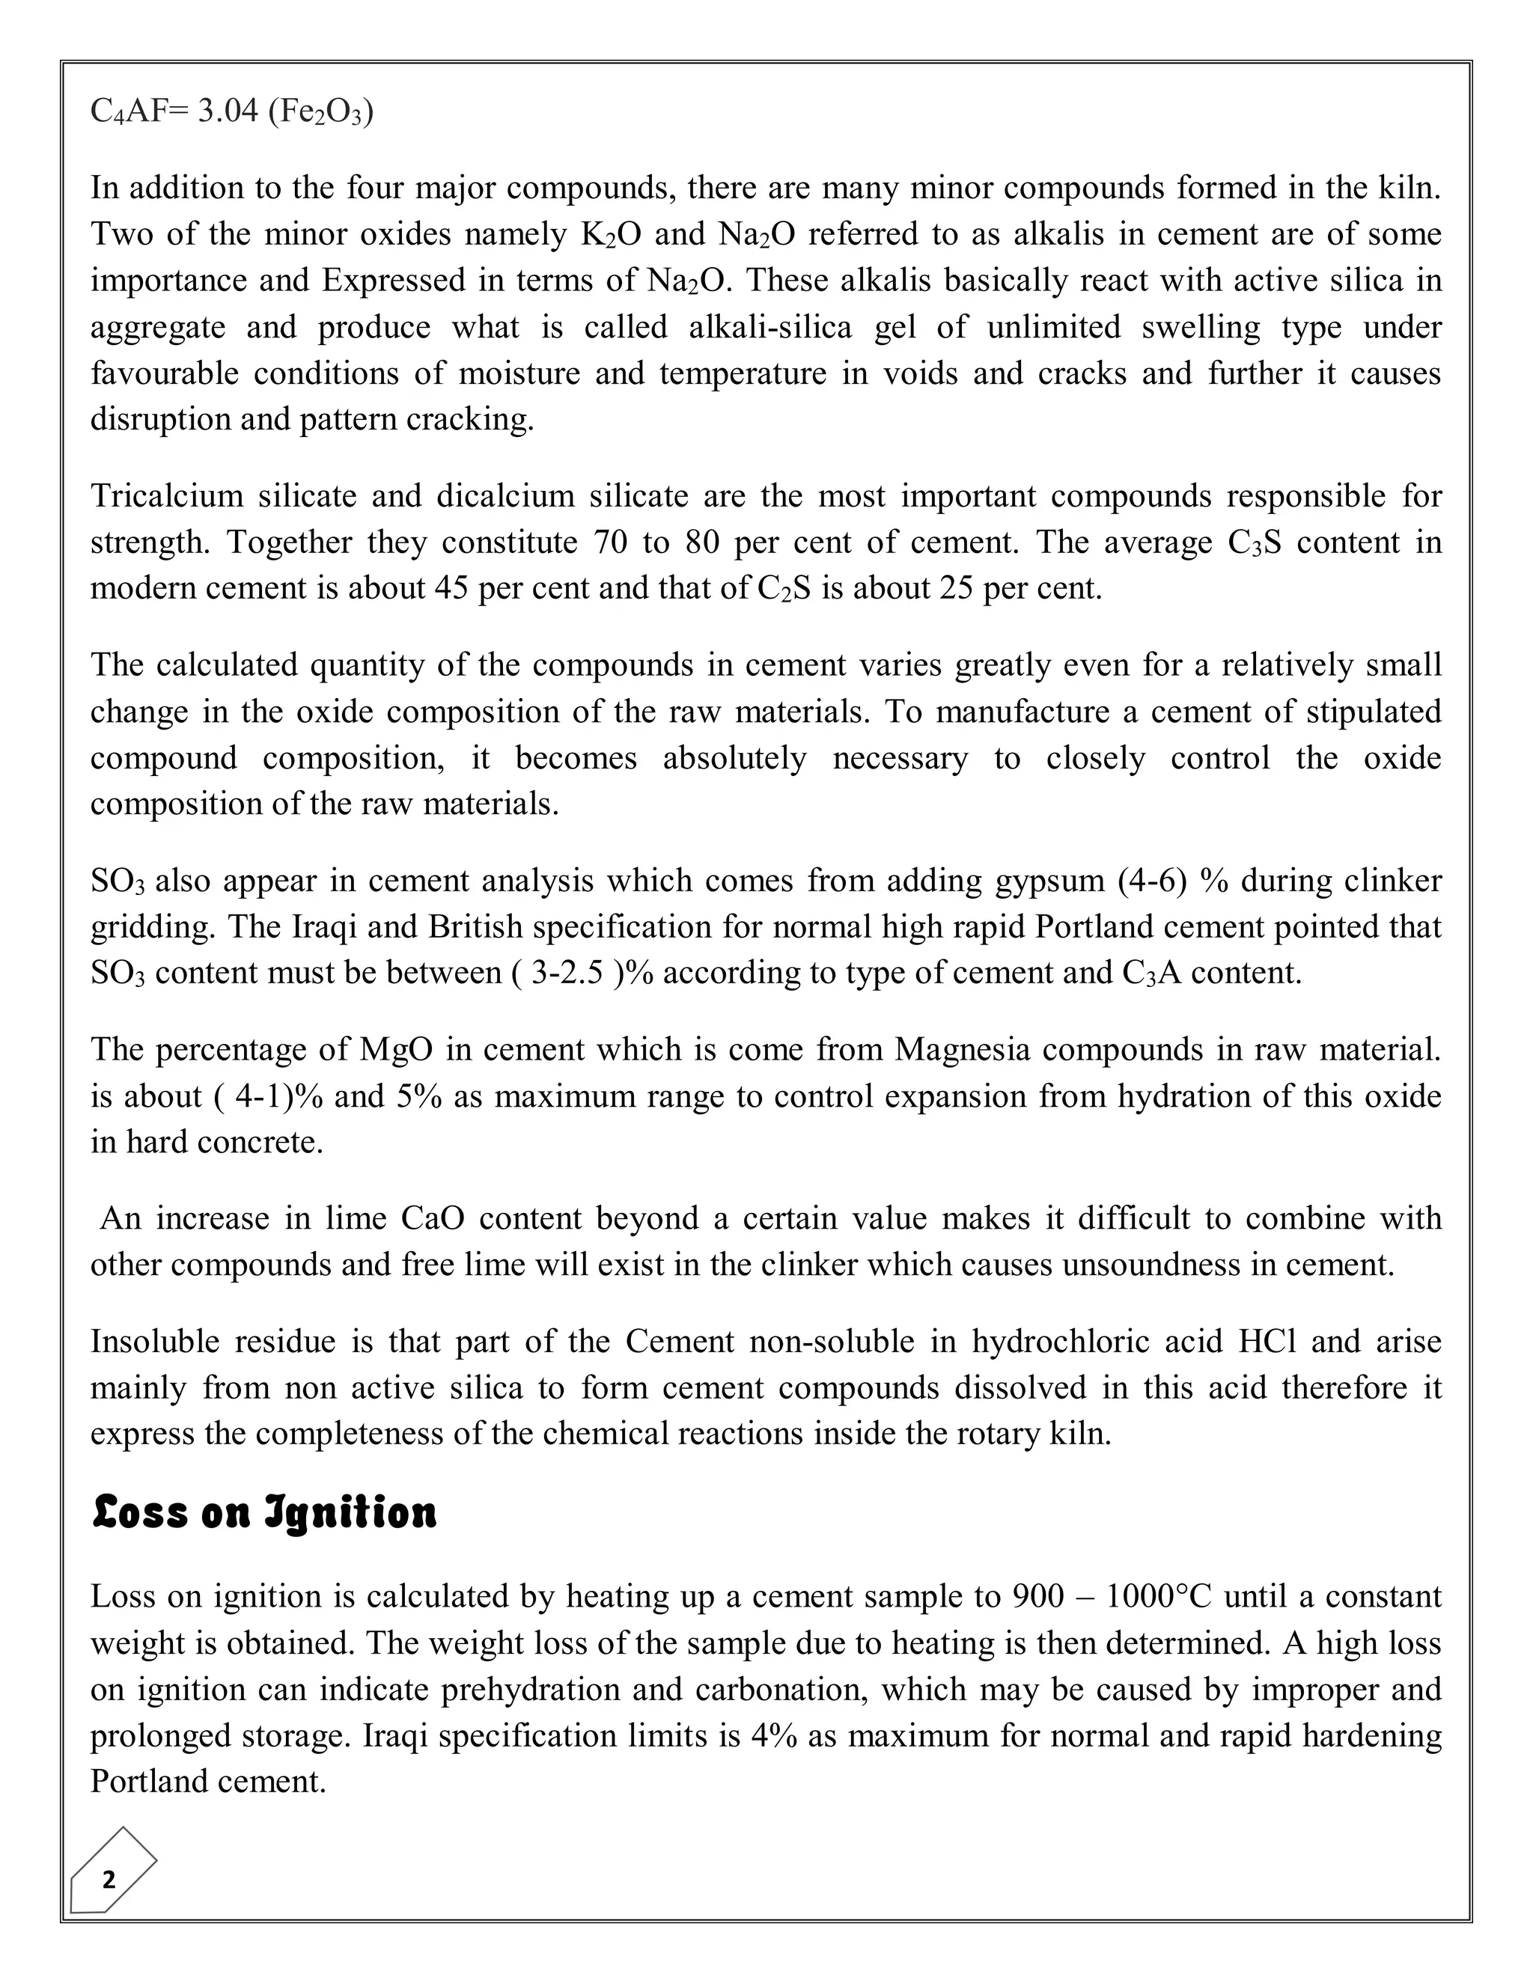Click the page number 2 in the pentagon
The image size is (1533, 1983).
pos(109,1880)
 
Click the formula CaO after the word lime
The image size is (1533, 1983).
pos(433,1217)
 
